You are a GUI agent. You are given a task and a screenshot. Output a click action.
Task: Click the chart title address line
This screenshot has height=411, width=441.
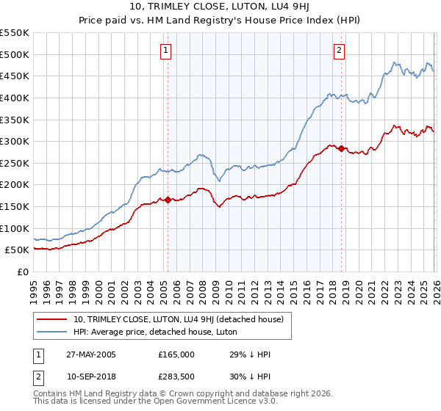coord(220,7)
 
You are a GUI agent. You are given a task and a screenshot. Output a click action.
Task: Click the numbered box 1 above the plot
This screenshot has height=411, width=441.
coord(166,51)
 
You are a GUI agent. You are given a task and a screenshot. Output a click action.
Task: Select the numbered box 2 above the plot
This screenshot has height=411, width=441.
coord(339,51)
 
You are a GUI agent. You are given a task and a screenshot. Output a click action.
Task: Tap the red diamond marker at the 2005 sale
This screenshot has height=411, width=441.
coord(168,200)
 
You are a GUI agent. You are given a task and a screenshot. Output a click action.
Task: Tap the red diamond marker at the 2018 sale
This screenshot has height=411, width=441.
coord(342,148)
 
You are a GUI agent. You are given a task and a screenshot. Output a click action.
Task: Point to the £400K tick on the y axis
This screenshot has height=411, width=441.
coord(15,98)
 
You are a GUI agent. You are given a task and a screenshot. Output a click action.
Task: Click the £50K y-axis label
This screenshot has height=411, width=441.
coord(18,250)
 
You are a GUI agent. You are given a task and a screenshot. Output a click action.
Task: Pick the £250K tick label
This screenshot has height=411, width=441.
coord(15,163)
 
